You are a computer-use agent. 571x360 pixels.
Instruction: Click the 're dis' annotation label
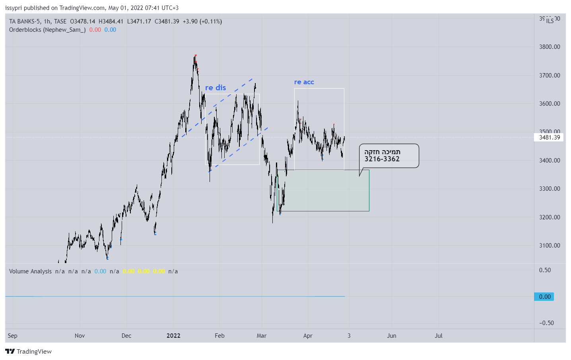click(x=216, y=87)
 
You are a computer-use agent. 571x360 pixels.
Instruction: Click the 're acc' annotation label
click(x=304, y=82)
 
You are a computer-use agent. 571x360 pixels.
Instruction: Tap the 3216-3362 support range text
click(x=382, y=159)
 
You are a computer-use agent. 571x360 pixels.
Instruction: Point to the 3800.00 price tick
click(x=550, y=46)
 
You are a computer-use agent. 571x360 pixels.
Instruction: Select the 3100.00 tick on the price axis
click(x=550, y=245)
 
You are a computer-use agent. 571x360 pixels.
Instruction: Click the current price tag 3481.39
click(x=549, y=137)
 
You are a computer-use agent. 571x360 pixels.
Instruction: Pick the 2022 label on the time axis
click(x=173, y=335)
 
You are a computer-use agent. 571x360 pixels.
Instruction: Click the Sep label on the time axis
click(x=13, y=335)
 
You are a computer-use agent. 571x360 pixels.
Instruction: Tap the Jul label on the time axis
click(x=439, y=335)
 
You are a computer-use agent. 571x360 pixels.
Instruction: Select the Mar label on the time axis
click(x=262, y=335)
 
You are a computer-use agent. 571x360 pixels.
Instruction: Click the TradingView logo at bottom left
click(x=29, y=351)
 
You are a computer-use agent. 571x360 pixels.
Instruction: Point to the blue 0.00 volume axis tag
click(x=544, y=296)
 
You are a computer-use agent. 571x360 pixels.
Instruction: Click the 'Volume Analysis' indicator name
click(x=30, y=271)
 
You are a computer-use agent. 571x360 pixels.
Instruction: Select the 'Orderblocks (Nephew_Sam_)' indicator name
click(x=47, y=30)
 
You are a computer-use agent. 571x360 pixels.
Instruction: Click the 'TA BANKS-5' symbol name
click(x=25, y=21)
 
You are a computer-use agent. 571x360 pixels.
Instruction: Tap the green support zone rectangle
click(x=326, y=191)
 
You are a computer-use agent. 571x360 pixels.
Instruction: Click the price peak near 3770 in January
click(x=196, y=56)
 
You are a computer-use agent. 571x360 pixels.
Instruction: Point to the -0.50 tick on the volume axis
click(x=546, y=323)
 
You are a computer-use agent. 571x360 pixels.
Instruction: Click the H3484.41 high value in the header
click(x=111, y=21)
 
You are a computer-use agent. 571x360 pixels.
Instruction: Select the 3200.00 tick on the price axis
click(x=550, y=217)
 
